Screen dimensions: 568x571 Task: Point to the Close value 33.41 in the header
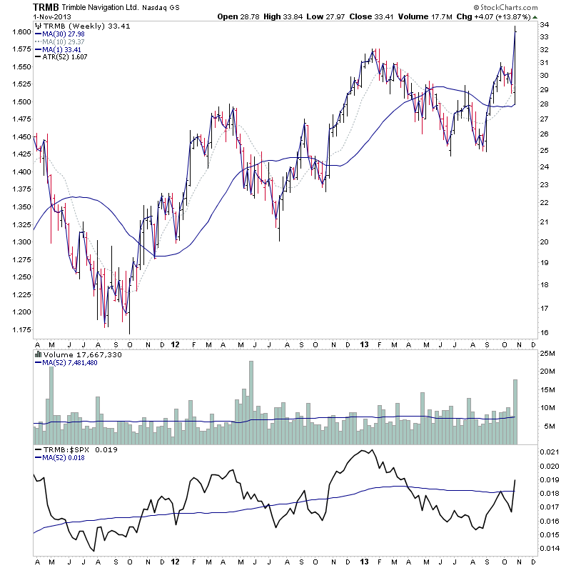(377, 16)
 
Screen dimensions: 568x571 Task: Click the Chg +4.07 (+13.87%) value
(494, 16)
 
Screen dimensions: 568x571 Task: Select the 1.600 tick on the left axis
(21, 32)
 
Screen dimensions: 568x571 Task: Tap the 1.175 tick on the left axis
(21, 329)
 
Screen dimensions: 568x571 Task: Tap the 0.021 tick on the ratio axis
(549, 452)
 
